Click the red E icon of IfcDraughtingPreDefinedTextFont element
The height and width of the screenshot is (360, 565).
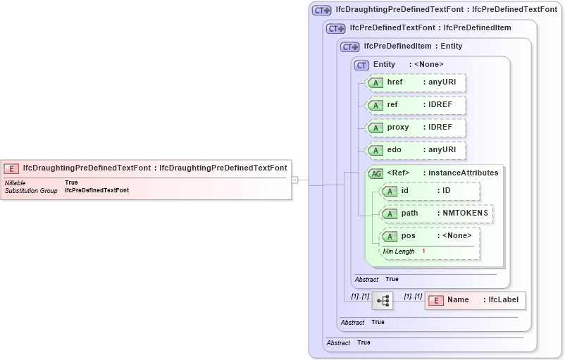pyautogui.click(x=11, y=168)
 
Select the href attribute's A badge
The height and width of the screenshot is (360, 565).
pyautogui.click(x=376, y=82)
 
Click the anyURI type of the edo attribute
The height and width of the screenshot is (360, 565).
pyautogui.click(x=442, y=150)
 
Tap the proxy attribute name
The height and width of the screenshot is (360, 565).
pyautogui.click(x=398, y=128)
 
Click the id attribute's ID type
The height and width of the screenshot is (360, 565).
pyautogui.click(x=446, y=191)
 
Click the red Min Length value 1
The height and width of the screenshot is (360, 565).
pyautogui.click(x=423, y=252)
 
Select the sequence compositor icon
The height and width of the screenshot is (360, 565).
pyautogui.click(x=383, y=301)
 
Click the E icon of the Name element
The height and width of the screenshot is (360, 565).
pyautogui.click(x=436, y=300)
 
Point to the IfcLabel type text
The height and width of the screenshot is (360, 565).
pyautogui.click(x=503, y=300)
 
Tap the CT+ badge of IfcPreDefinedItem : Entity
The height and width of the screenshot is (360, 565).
pyautogui.click(x=350, y=46)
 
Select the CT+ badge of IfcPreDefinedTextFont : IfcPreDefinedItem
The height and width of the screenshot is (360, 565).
pyautogui.click(x=336, y=28)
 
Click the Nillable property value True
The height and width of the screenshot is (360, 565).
pyautogui.click(x=71, y=182)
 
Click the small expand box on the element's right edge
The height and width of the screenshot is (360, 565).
pyautogui.click(x=294, y=180)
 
